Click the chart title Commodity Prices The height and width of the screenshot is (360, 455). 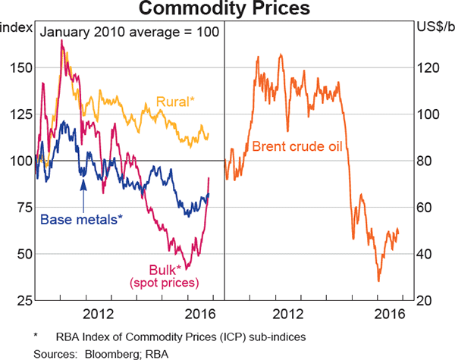[x=227, y=10]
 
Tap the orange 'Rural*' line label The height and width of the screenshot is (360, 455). [x=175, y=101]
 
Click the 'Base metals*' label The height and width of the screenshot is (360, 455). [x=80, y=220]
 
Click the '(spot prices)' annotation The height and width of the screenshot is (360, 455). [x=163, y=283]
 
